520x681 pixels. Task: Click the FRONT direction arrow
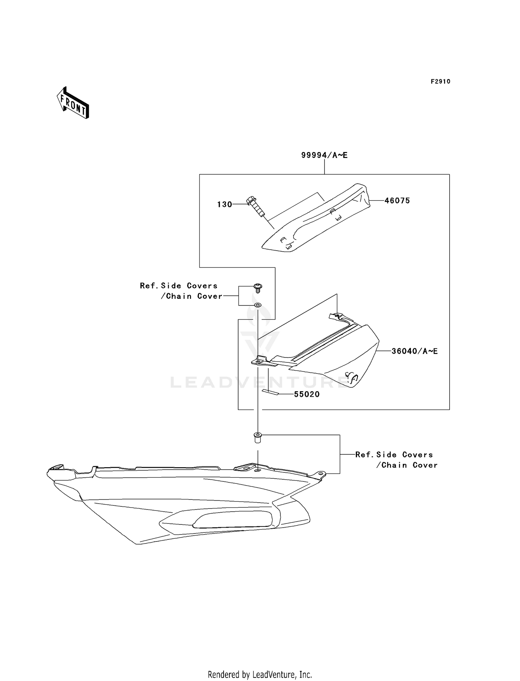(x=73, y=103)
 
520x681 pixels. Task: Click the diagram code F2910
(x=440, y=82)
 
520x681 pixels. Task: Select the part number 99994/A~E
(x=324, y=155)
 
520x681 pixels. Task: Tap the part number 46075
(x=397, y=201)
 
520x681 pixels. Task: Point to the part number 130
(x=225, y=204)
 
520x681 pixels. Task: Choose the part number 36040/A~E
(x=415, y=351)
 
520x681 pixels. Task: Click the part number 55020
(x=307, y=394)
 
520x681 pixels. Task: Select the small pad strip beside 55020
(x=270, y=392)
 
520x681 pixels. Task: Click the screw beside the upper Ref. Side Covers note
(x=258, y=287)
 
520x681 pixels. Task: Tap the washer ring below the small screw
(x=258, y=305)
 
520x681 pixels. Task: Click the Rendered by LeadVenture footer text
(x=260, y=674)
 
